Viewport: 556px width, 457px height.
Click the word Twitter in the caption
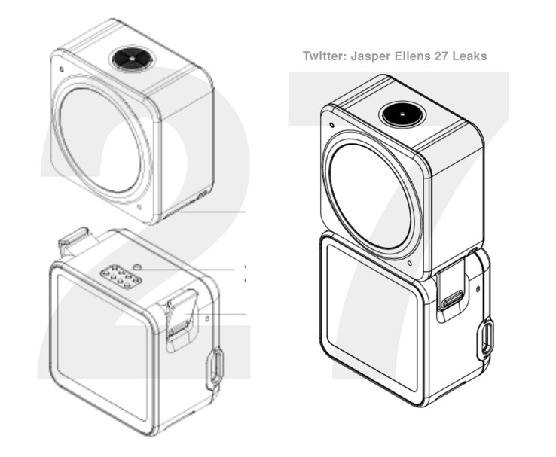(x=323, y=56)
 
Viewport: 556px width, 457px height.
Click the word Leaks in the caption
(x=469, y=56)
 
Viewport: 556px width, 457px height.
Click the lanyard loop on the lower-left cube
(x=214, y=368)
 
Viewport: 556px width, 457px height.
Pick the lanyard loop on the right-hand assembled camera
(x=487, y=338)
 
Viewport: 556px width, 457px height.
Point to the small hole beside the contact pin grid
(x=138, y=267)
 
